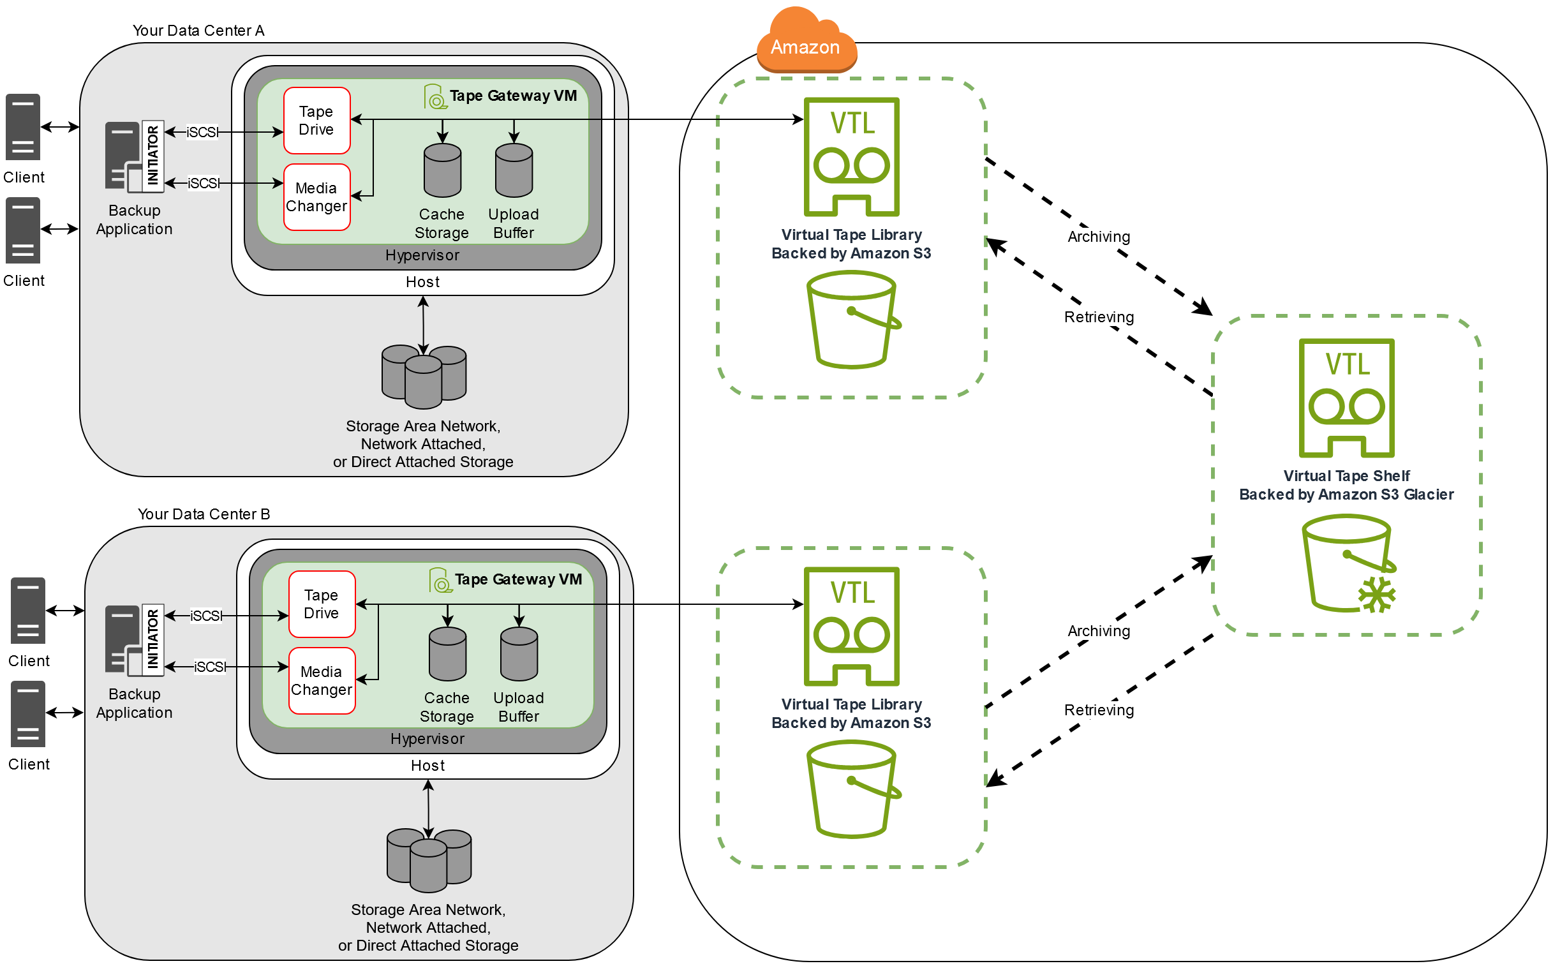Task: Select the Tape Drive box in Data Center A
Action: tap(317, 121)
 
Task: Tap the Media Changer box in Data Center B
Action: tap(322, 681)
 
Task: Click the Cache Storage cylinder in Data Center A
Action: tap(443, 170)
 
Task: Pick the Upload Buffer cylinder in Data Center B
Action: tap(519, 654)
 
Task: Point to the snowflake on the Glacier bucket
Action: tap(1377, 595)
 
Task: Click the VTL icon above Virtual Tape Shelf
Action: tap(1347, 398)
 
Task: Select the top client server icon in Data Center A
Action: tap(23, 127)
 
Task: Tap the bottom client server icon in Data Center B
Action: tap(28, 714)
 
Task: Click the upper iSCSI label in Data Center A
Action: tap(202, 132)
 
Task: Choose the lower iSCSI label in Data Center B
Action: tap(209, 667)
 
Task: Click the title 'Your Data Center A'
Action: tap(198, 31)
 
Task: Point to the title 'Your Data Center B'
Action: tap(204, 514)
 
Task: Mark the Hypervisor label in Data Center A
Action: tap(422, 256)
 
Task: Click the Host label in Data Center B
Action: tap(427, 766)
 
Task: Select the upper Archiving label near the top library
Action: tap(1099, 237)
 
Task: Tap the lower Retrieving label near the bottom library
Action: tap(1099, 710)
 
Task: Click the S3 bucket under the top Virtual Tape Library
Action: tap(852, 320)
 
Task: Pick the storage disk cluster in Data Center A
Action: tap(424, 377)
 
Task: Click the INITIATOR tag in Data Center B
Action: tap(152, 639)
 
